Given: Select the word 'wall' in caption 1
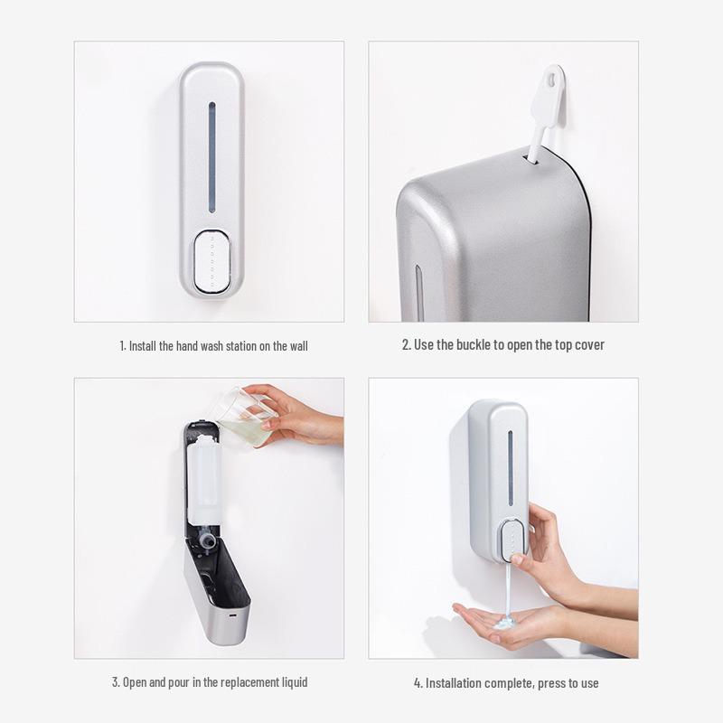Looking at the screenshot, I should pos(296,346).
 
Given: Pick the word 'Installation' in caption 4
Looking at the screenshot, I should pos(459,683).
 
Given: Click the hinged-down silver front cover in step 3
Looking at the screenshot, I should pos(217,596).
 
